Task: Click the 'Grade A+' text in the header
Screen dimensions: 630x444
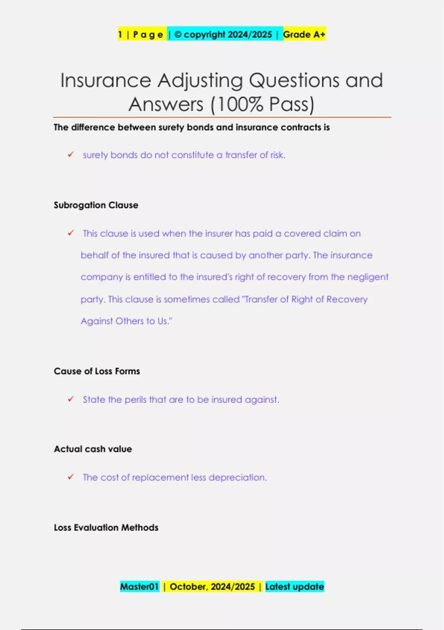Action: pyautogui.click(x=304, y=34)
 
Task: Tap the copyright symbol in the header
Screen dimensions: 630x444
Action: pyautogui.click(x=178, y=34)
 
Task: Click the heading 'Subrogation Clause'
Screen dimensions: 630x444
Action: pyautogui.click(x=96, y=205)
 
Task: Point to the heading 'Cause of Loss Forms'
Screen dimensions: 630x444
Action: pyautogui.click(x=97, y=371)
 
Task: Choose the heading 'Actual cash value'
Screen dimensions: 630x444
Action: pyautogui.click(x=93, y=449)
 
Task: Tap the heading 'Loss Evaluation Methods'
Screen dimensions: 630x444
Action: pyautogui.click(x=106, y=527)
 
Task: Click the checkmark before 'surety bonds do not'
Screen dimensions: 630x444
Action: pyautogui.click(x=71, y=155)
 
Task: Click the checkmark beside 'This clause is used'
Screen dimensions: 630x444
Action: pyautogui.click(x=71, y=233)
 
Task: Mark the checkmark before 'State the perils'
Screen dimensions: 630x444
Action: pyautogui.click(x=71, y=399)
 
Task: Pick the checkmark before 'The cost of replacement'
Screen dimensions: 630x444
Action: pyautogui.click(x=71, y=477)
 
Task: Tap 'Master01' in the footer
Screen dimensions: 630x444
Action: pyautogui.click(x=139, y=587)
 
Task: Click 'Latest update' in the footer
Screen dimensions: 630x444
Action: pyautogui.click(x=295, y=587)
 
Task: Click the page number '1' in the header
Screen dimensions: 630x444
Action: pyautogui.click(x=120, y=34)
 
